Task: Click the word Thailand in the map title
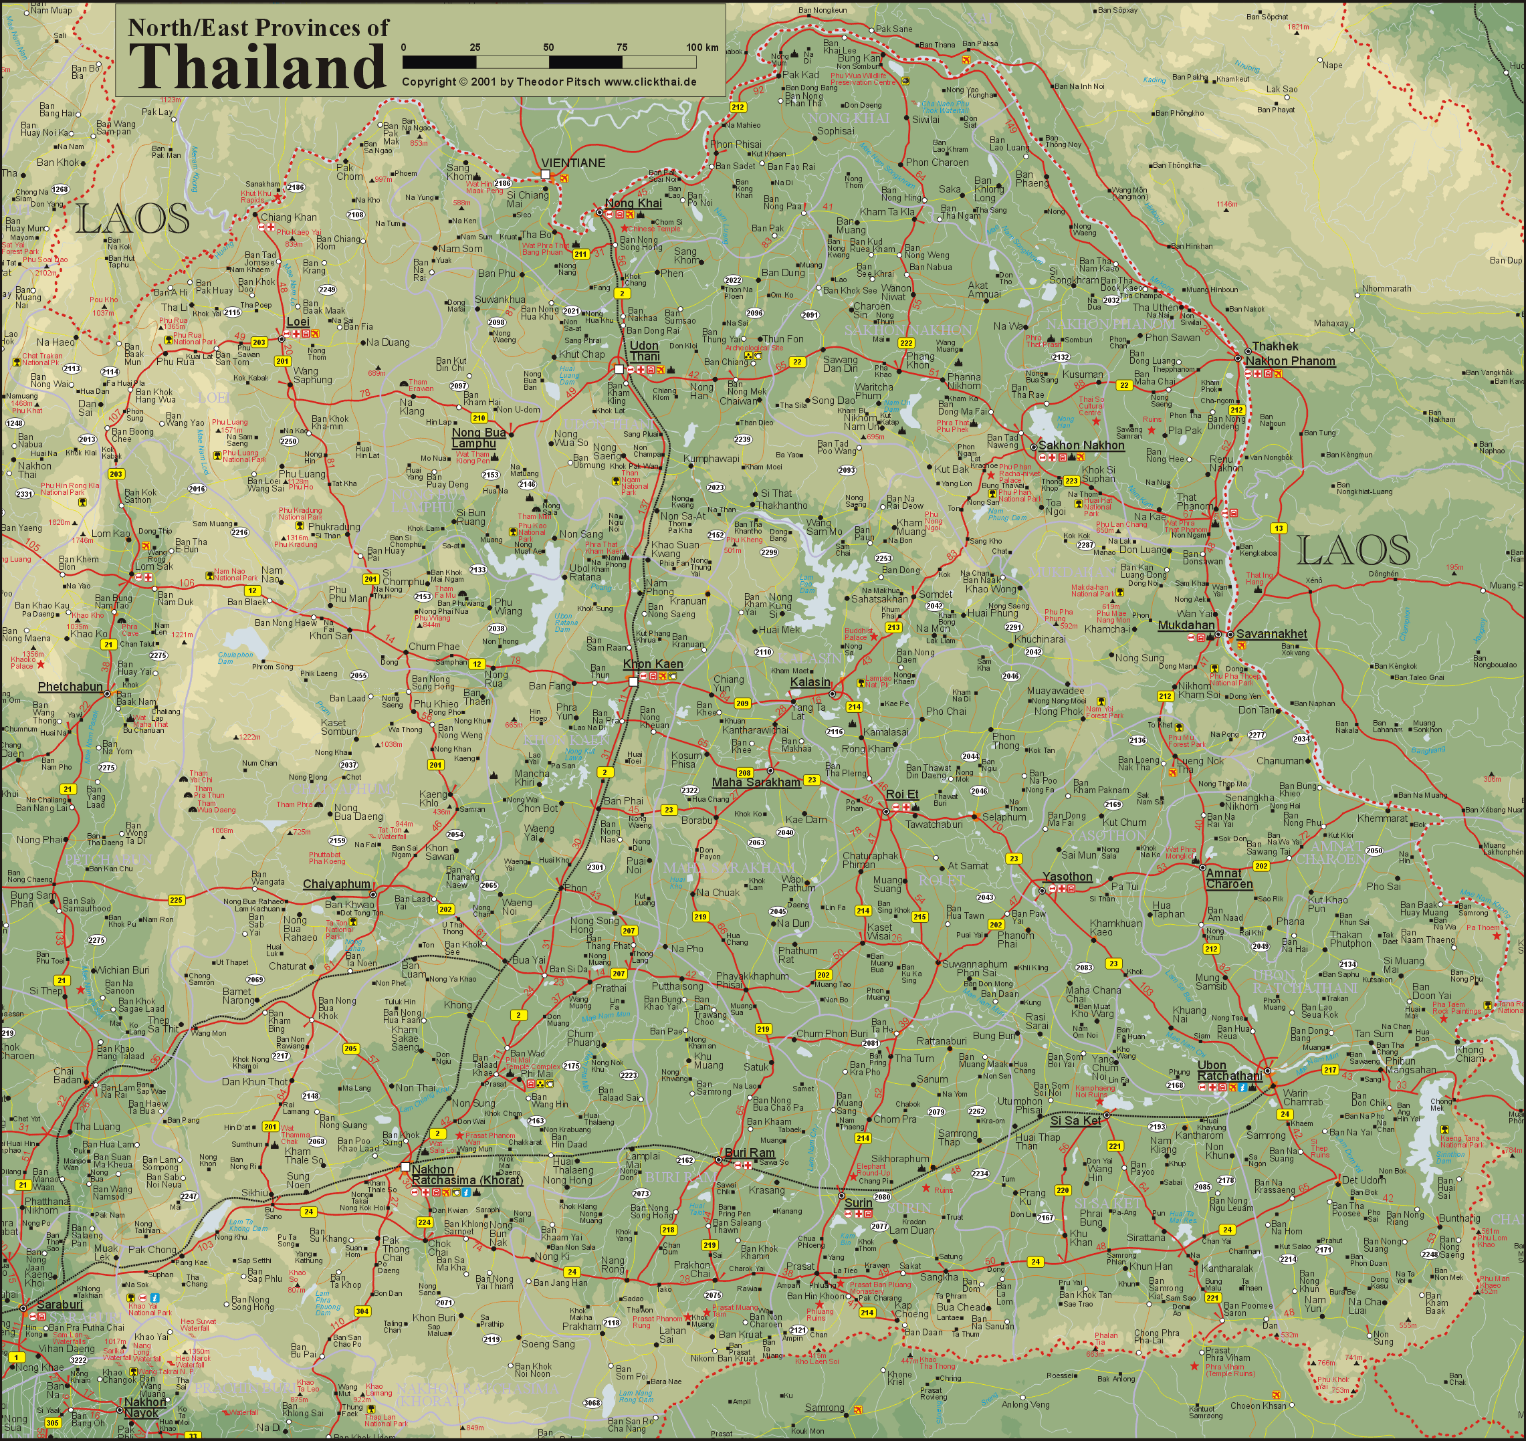[x=257, y=67]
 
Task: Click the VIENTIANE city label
[x=573, y=163]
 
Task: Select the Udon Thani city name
[x=645, y=351]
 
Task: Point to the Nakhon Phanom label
[x=1290, y=361]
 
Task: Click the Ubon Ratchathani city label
[x=1229, y=1071]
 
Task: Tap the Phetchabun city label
[x=70, y=686]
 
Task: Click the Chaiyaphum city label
[x=336, y=884]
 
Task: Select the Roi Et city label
[x=901, y=794]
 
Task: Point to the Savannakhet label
[x=1271, y=635]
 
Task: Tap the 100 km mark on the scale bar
[x=702, y=47]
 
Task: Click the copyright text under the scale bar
[x=549, y=82]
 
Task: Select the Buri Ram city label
[x=750, y=1153]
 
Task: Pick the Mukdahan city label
[x=1186, y=625]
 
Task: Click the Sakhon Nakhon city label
[x=1081, y=445]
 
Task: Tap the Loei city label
[x=298, y=322]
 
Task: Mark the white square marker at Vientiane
[x=545, y=175]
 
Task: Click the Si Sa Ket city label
[x=1075, y=1120]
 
